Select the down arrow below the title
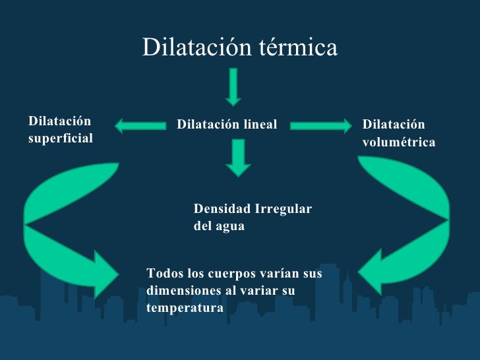pos(233,86)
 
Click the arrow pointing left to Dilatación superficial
pos(139,123)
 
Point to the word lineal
pos(259,124)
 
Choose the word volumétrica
pos(399,142)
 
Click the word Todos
pos(162,273)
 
